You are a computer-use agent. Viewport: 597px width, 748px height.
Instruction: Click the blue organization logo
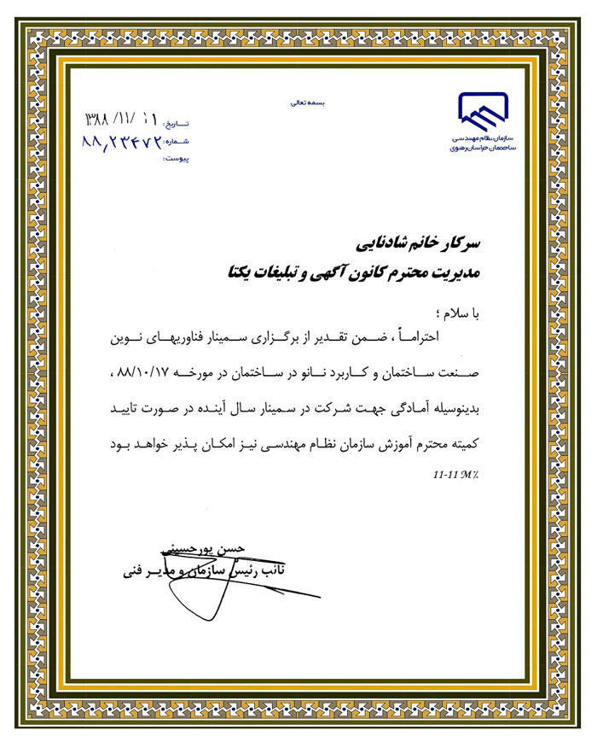pyautogui.click(x=484, y=111)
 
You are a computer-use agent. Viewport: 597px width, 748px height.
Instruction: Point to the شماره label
pyautogui.click(x=176, y=142)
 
